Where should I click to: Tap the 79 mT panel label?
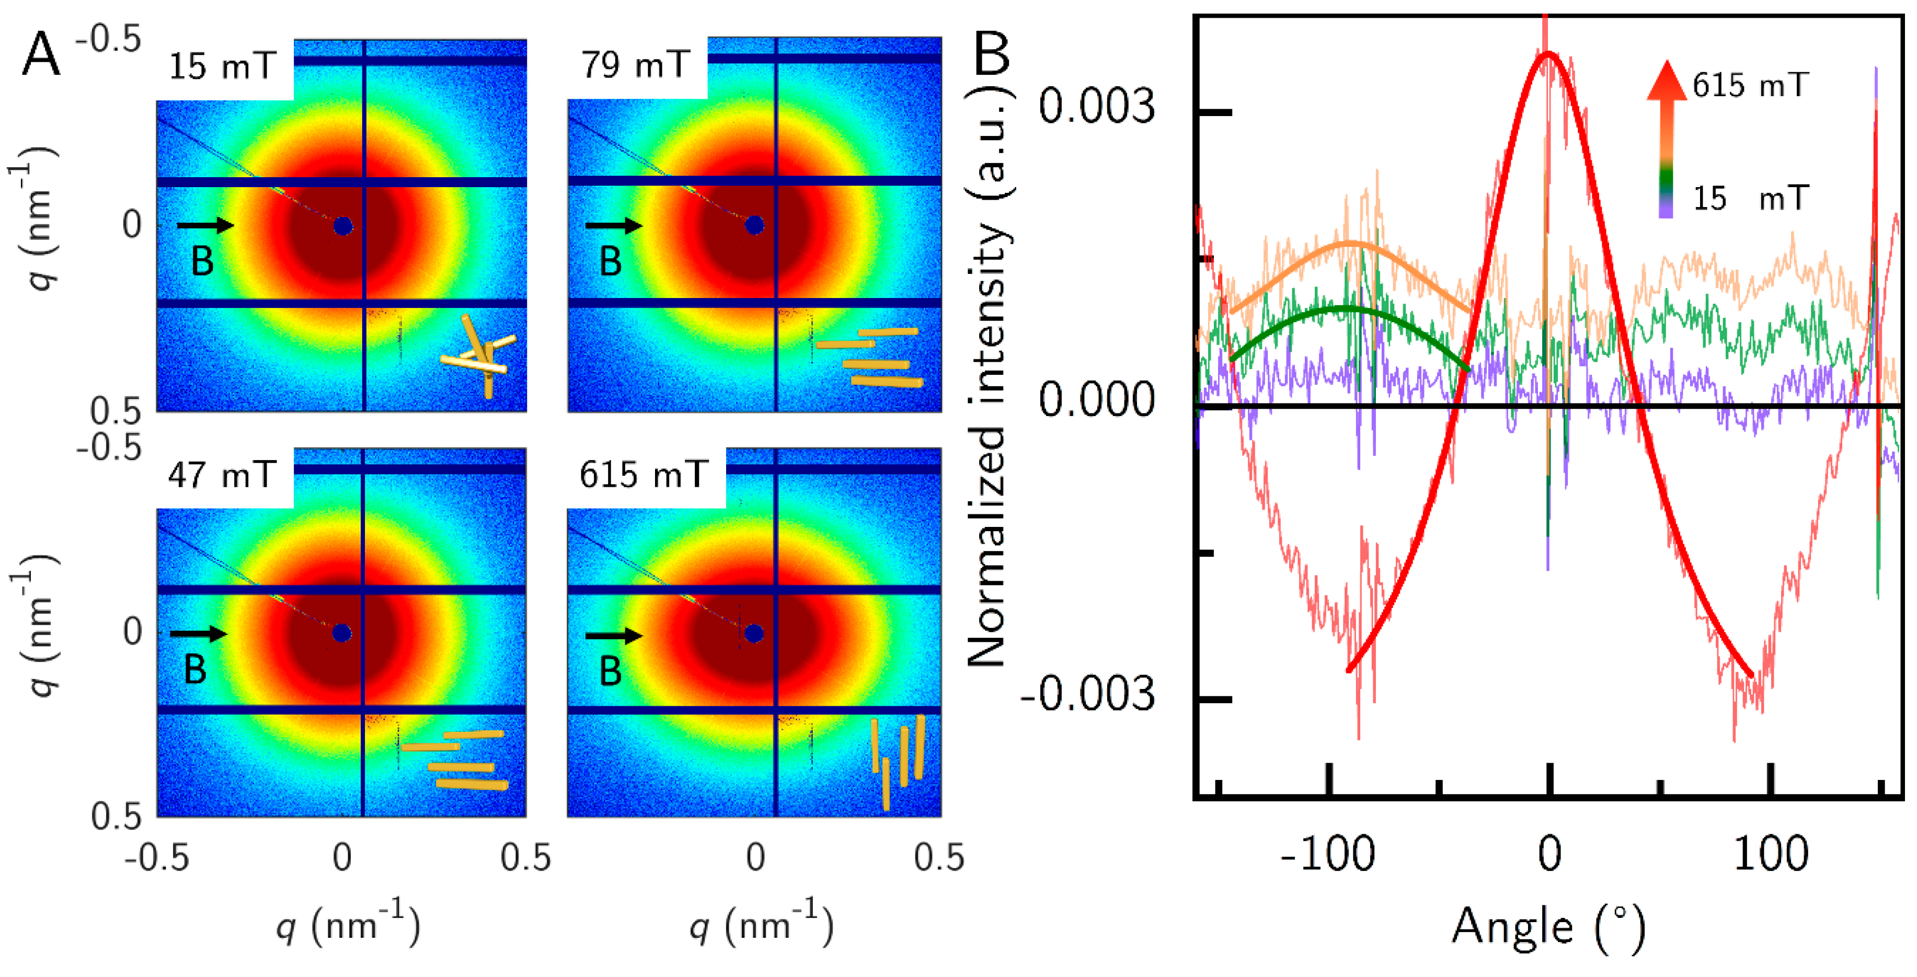coord(634,65)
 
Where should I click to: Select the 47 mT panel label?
coord(222,474)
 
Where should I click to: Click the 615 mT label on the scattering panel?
coord(643,474)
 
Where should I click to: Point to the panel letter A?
coord(40,56)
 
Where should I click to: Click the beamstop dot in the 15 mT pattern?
coord(342,226)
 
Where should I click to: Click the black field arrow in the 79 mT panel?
coord(613,225)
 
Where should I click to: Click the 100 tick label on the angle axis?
coord(1771,854)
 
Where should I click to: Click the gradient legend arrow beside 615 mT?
coord(1666,137)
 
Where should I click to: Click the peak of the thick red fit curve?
coord(1548,53)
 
